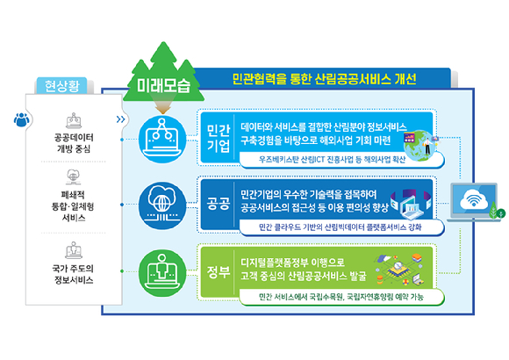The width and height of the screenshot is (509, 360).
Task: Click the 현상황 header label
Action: click(61, 86)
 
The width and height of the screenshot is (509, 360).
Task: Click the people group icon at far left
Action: click(22, 119)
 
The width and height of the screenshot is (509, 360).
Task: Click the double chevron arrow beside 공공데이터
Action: click(121, 119)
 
